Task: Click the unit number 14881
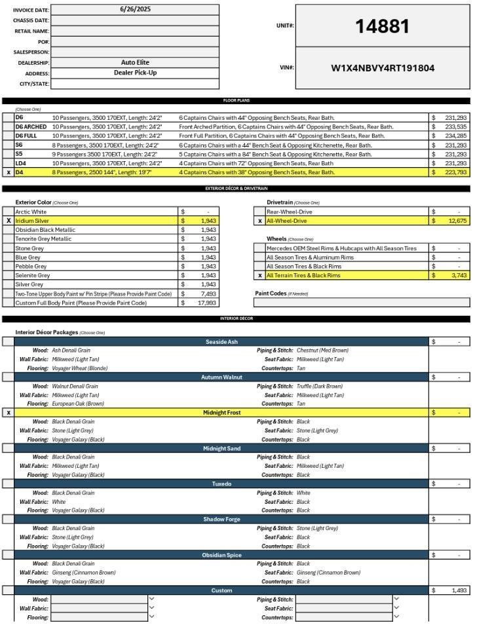[382, 27]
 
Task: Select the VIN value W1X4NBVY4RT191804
[382, 67]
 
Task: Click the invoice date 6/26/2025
[135, 10]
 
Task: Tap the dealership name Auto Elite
[135, 62]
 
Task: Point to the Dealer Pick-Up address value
[135, 73]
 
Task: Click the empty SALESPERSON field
[135, 52]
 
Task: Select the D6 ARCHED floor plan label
[31, 126]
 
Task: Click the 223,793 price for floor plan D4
[455, 172]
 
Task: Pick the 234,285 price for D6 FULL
[455, 136]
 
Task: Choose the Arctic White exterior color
[31, 212]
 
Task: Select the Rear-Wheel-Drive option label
[290, 212]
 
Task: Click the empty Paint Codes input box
[361, 303]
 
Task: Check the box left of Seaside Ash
[9, 341]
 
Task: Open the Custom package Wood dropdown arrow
[152, 599]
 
